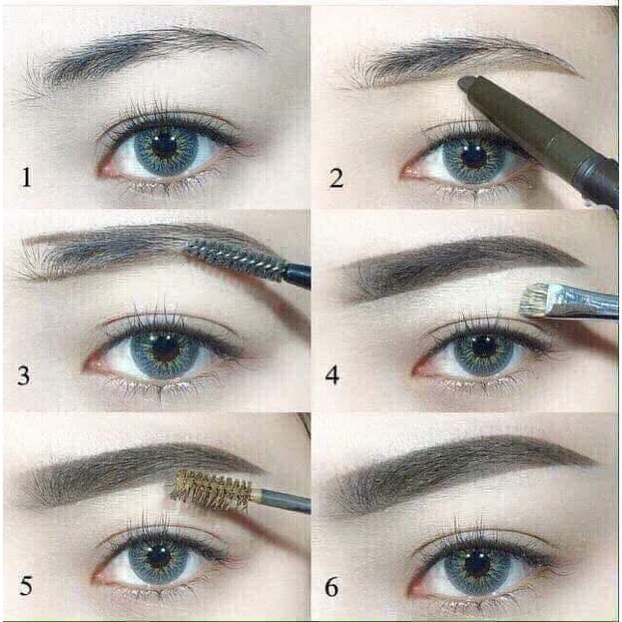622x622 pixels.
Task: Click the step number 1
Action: [x=25, y=176]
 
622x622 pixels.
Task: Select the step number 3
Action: [x=25, y=376]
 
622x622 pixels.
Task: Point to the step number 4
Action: [x=333, y=376]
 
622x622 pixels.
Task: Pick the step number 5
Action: [x=25, y=584]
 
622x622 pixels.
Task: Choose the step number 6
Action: [x=333, y=584]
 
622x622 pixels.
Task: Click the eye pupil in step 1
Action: [x=165, y=147]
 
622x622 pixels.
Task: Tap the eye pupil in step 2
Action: [x=473, y=154]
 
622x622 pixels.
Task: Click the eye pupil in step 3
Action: [x=165, y=345]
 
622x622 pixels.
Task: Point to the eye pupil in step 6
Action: [x=479, y=559]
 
